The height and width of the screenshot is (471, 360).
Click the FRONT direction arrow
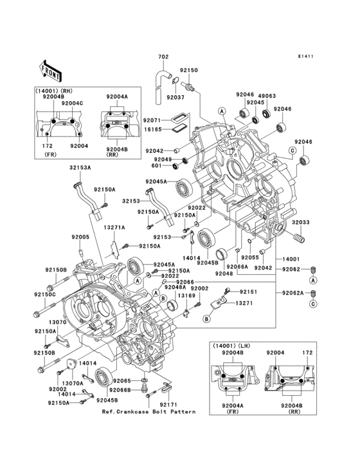[x=51, y=67]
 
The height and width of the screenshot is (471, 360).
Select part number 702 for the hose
[x=163, y=57]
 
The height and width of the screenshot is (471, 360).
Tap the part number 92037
[x=175, y=97]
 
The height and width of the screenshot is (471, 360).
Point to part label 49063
[x=268, y=95]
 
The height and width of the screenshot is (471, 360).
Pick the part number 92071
[x=152, y=120]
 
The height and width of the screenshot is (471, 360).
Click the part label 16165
[x=152, y=129]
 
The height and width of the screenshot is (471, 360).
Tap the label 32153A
[x=81, y=167]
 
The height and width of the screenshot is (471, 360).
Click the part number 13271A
[x=115, y=228]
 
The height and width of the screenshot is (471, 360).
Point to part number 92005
[x=80, y=237]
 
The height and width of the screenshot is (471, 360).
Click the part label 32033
[x=303, y=222]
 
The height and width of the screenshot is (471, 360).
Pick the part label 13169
[x=186, y=295]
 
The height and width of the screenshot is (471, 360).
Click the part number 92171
[x=168, y=404]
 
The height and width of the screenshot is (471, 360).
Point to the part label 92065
[x=123, y=381]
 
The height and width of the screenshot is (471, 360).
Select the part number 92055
[x=250, y=257]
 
